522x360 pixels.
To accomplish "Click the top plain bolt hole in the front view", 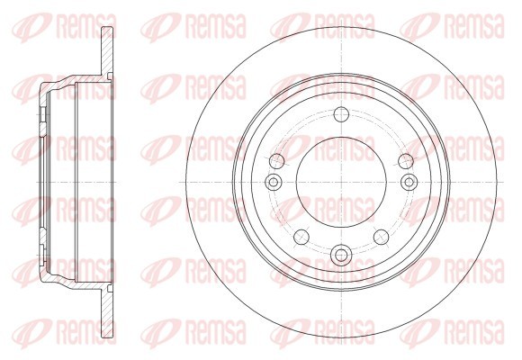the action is tap(341, 114).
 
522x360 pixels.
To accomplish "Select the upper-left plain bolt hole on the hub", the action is tap(276, 161).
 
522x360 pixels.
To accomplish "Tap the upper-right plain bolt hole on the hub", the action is tap(406, 161).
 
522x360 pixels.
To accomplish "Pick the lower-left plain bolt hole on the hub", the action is tap(301, 237).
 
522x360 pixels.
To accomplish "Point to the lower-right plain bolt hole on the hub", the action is tap(382, 237).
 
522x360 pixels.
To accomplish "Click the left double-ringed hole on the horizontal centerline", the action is tap(274, 182).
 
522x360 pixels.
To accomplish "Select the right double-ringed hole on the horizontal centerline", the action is tap(409, 182).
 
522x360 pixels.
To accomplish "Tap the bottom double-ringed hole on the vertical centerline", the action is tap(341, 255).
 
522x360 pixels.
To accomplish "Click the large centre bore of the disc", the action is tap(341, 182).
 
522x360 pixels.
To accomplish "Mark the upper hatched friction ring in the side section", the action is tap(107, 50).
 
